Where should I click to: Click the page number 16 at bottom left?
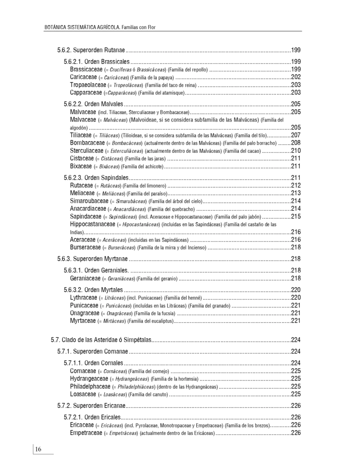tap(38, 450)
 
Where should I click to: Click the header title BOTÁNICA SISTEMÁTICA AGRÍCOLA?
tap(82, 27)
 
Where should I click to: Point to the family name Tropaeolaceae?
tap(88, 85)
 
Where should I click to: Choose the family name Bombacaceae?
tap(87, 143)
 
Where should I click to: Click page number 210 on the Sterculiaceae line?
tap(296, 151)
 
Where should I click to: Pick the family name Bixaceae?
tap(81, 166)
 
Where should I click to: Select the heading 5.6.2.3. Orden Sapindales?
tap(96, 177)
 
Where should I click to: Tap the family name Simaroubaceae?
tap(89, 201)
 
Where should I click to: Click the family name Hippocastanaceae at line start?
tap(92, 224)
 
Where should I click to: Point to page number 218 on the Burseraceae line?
tap(296, 248)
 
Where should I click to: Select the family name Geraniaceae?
tap(85, 278)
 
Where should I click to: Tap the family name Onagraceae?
tap(84, 313)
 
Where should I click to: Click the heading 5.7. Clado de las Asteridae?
tap(100, 339)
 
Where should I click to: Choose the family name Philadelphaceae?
tap(90, 386)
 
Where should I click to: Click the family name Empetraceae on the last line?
tap(86, 433)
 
